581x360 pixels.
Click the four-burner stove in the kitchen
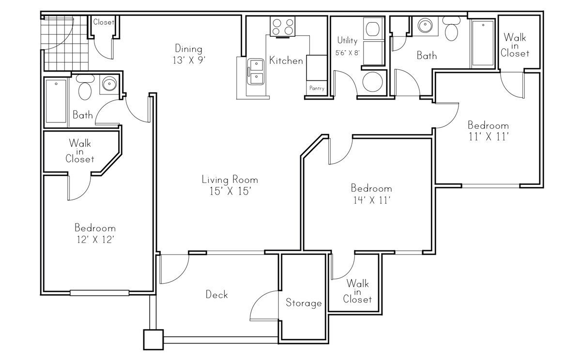283,26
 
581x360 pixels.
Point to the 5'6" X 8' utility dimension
348,52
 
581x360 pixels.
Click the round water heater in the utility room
372,81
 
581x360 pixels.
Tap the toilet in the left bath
85,88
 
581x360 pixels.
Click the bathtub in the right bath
482,44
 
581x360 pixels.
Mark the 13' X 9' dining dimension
188,61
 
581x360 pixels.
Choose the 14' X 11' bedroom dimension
371,200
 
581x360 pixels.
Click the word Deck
216,294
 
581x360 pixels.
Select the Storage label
304,303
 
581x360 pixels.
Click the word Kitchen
286,60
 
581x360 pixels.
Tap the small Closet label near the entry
104,22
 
